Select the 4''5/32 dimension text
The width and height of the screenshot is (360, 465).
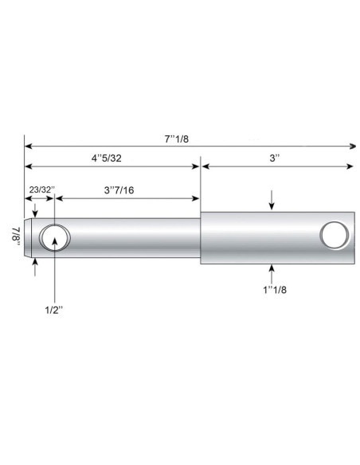coord(106,158)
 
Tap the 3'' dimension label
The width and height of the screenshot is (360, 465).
coord(276,158)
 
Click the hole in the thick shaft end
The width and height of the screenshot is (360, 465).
coord(334,236)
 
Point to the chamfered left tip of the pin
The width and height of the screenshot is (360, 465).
coord(30,237)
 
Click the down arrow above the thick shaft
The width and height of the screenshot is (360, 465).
coord(272,204)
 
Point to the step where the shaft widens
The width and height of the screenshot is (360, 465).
coord(199,237)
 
